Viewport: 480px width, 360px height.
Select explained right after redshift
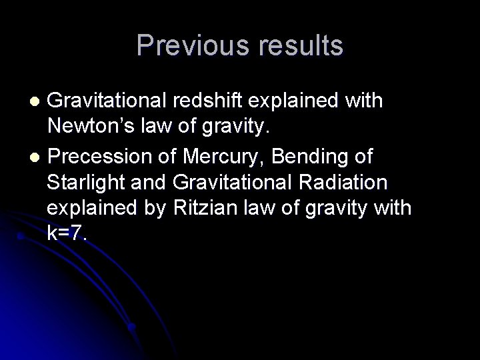[x=291, y=101]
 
